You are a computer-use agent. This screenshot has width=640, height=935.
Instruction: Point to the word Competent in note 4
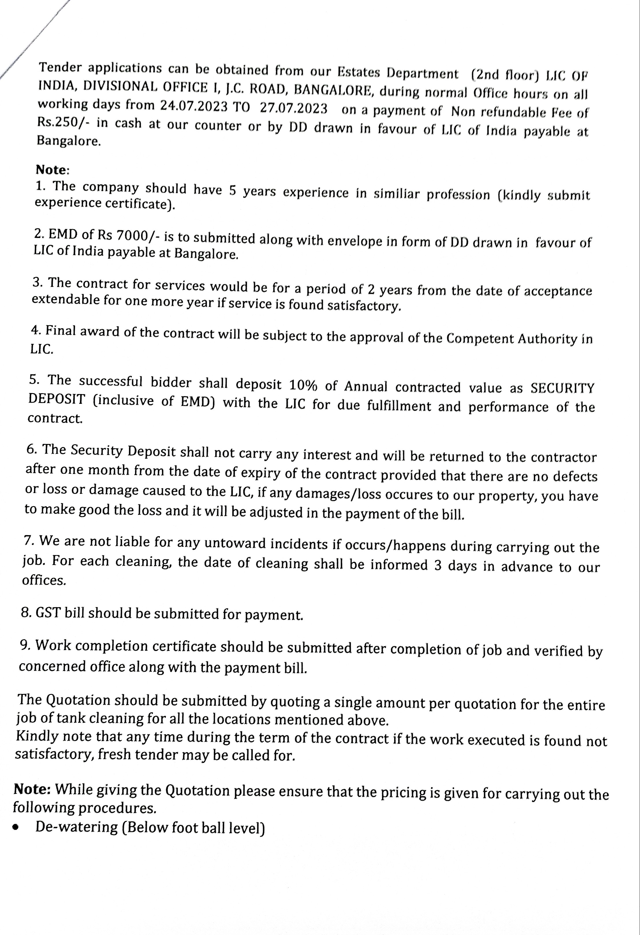tap(479, 338)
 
